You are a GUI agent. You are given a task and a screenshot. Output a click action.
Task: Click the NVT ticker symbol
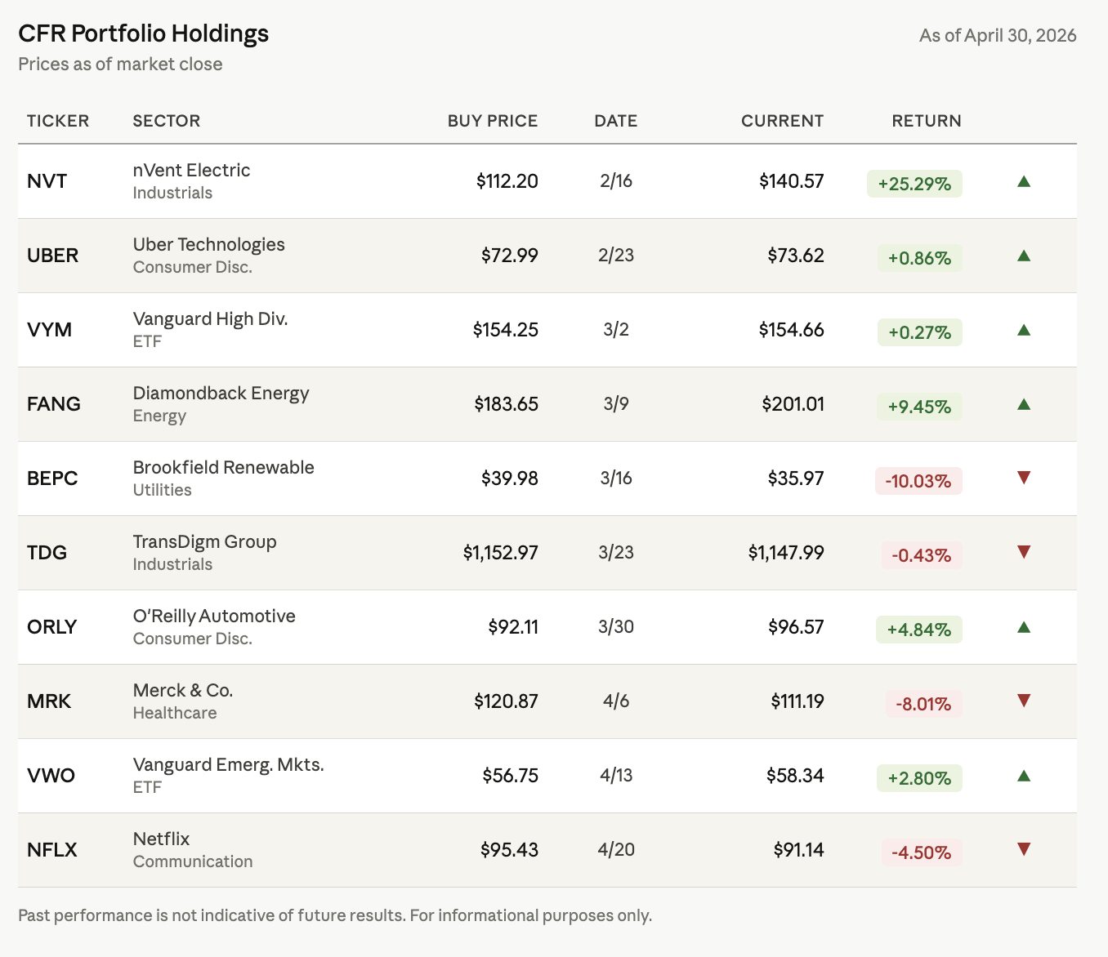(47, 181)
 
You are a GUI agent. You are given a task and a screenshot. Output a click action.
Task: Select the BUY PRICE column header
(493, 121)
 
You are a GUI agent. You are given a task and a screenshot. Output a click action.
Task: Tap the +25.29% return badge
(914, 184)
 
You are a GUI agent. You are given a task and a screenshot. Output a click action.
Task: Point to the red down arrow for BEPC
(1024, 477)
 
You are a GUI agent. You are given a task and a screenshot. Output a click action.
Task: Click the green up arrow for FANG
(1024, 404)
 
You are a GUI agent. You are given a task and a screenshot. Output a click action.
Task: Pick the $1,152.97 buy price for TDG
(500, 553)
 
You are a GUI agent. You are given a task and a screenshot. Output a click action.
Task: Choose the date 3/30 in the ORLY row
(616, 626)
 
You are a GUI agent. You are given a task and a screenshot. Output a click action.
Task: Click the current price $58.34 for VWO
(795, 776)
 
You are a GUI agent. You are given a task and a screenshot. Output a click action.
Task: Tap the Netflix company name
(161, 839)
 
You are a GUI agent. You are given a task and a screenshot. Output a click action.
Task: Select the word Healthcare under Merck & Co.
(175, 713)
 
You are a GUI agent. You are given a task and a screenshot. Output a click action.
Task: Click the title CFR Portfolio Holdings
(144, 33)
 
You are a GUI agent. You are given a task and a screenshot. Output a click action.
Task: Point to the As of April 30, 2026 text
(998, 35)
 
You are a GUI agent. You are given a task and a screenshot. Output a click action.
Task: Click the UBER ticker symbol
(52, 255)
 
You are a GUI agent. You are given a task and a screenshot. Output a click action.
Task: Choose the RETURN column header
(927, 121)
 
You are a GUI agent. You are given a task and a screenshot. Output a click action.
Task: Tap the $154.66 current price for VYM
(791, 330)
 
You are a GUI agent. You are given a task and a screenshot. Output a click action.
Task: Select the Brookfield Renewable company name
(224, 467)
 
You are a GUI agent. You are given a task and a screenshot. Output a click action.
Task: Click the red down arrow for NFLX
(1024, 848)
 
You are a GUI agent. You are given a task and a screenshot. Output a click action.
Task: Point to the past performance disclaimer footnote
(335, 915)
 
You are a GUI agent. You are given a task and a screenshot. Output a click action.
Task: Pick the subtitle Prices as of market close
(120, 64)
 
